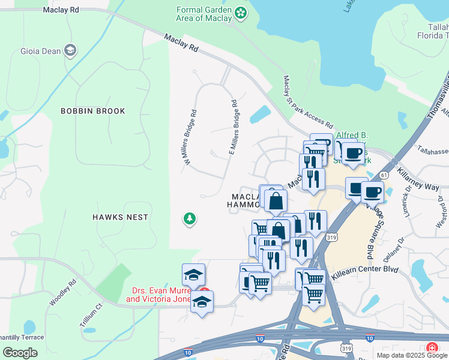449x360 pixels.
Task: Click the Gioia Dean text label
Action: pyautogui.click(x=40, y=51)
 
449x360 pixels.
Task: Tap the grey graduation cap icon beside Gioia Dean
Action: pyautogui.click(x=70, y=50)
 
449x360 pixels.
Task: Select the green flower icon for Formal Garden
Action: pyautogui.click(x=240, y=13)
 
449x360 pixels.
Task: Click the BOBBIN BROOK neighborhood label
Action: pyautogui.click(x=93, y=111)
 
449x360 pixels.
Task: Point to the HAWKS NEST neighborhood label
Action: pyautogui.click(x=120, y=217)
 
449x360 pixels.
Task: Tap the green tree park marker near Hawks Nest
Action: pyautogui.click(x=190, y=219)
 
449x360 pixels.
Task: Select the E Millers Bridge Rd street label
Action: pyautogui.click(x=233, y=128)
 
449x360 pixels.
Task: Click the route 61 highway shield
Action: pyautogui.click(x=384, y=175)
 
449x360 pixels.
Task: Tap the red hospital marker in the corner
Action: pyautogui.click(x=432, y=348)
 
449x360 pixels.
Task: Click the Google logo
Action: pyautogui.click(x=20, y=352)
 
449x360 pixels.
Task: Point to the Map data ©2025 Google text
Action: pyautogui.click(x=411, y=355)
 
